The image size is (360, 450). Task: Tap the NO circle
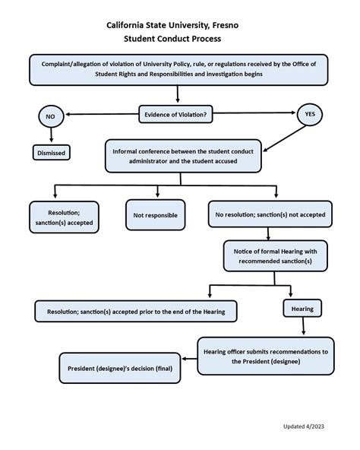(51, 117)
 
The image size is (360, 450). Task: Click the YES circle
(309, 114)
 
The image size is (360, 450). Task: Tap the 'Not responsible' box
(156, 215)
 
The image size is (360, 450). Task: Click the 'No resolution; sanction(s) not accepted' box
(270, 215)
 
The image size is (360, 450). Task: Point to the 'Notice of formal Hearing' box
(275, 256)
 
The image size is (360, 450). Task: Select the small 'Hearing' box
(298, 309)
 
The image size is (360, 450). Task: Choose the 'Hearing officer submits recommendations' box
(266, 357)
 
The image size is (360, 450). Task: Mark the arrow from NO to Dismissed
(51, 135)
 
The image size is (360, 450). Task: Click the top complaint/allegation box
(179, 70)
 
